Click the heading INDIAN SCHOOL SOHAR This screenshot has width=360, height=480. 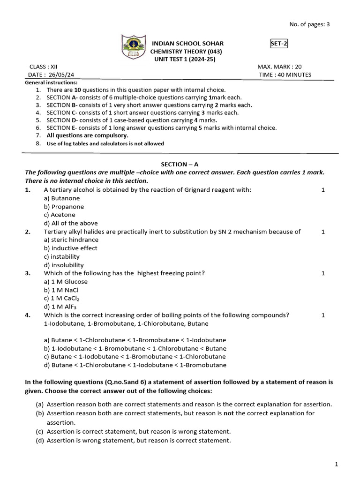[187, 44]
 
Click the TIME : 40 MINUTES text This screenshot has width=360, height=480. [285, 75]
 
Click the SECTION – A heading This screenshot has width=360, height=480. [180, 164]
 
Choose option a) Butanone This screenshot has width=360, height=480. [62, 198]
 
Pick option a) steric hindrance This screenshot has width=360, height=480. [71, 240]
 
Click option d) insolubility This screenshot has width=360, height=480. [64, 265]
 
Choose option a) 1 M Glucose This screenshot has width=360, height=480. [66, 281]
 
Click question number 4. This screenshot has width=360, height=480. [28, 315]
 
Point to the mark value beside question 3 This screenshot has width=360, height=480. [323, 273]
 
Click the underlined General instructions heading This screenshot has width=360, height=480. [51, 82]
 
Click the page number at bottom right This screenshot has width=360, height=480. [336, 464]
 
